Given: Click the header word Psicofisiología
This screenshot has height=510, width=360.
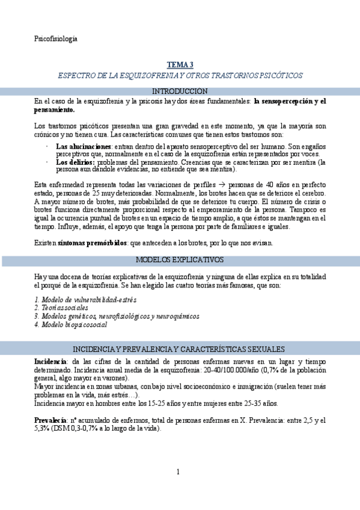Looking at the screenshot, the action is (x=56, y=39).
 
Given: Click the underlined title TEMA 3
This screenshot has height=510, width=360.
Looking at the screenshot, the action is (x=180, y=65).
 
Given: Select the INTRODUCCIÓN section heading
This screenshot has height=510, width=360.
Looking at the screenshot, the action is (x=180, y=91).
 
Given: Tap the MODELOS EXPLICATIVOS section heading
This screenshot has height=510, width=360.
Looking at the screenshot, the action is (x=180, y=260).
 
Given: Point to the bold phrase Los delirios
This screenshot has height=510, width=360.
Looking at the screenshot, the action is (x=75, y=162).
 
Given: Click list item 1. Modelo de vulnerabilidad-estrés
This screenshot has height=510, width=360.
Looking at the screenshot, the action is (x=85, y=300).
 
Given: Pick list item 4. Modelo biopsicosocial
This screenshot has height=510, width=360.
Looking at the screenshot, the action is (x=70, y=325).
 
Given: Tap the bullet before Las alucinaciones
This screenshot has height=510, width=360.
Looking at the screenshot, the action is (x=47, y=147).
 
